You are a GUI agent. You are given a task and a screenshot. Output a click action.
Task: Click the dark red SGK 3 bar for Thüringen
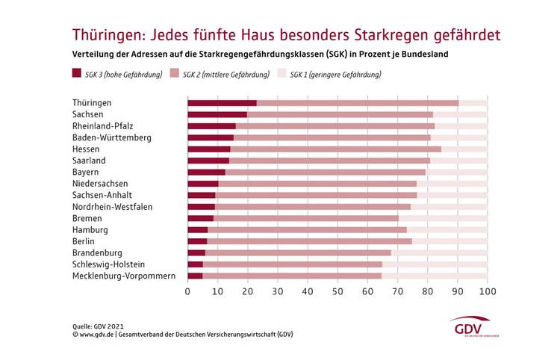click(222, 103)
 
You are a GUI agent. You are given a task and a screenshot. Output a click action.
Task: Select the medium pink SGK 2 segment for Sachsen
click(340, 114)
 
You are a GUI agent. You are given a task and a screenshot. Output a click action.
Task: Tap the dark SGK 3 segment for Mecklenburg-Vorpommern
click(195, 276)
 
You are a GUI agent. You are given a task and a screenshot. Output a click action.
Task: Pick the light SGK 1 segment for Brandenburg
click(439, 252)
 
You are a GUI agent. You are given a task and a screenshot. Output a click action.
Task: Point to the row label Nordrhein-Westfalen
click(112, 206)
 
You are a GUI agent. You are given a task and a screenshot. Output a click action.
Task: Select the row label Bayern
click(86, 172)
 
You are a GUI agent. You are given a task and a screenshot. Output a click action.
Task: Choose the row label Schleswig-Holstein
click(108, 264)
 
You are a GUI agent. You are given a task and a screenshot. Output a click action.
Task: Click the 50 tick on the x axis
click(337, 291)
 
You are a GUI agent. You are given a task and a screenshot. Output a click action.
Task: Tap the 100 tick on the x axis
click(487, 291)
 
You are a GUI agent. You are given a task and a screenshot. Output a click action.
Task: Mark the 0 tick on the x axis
click(187, 291)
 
